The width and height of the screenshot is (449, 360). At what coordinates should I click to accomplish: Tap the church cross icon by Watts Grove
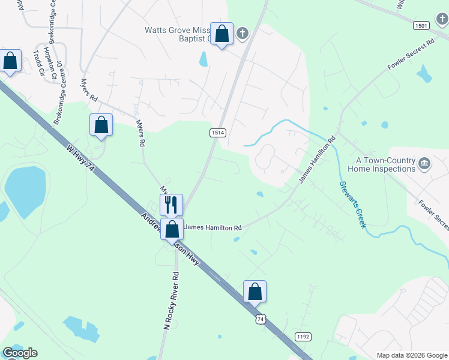[242, 33]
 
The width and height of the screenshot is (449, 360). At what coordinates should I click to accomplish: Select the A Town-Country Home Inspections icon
[424, 164]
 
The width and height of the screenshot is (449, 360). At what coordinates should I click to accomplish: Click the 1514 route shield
[217, 133]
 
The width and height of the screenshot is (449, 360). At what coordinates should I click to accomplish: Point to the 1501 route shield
[421, 25]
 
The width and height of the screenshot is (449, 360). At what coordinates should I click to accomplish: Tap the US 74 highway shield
[260, 320]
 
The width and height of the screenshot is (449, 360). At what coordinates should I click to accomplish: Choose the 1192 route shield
[303, 337]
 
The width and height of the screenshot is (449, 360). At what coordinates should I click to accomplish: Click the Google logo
[20, 352]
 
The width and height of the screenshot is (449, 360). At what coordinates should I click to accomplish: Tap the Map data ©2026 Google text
[411, 355]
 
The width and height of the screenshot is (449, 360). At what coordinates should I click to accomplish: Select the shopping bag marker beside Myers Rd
[101, 125]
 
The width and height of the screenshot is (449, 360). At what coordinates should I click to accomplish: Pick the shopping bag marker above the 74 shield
[255, 292]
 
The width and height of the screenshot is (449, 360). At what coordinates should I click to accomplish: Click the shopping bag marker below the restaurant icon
[172, 229]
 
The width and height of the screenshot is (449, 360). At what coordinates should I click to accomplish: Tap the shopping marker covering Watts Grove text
[222, 35]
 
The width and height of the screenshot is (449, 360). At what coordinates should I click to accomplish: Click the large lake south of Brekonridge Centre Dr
[25, 191]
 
